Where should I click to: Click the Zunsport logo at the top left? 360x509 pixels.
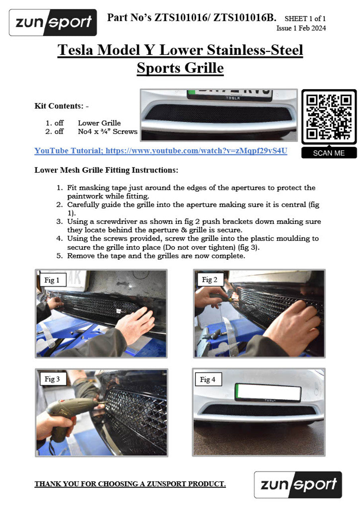point(53,23)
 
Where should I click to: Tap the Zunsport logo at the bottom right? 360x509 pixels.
point(298,485)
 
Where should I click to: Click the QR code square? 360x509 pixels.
point(329,117)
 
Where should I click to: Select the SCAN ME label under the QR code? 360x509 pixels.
point(329,153)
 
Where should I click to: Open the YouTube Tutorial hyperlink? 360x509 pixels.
point(161,151)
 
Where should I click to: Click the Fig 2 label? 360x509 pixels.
point(210,280)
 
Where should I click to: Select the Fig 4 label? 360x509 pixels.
point(208,379)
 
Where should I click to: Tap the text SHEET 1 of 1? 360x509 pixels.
point(305,19)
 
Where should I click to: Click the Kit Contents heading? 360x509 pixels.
point(61,106)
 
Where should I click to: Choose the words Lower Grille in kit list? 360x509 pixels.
point(99,123)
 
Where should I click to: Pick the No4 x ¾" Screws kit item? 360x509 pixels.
point(108,131)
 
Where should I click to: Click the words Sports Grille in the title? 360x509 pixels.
point(180,68)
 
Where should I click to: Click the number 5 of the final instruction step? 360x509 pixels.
point(59,256)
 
